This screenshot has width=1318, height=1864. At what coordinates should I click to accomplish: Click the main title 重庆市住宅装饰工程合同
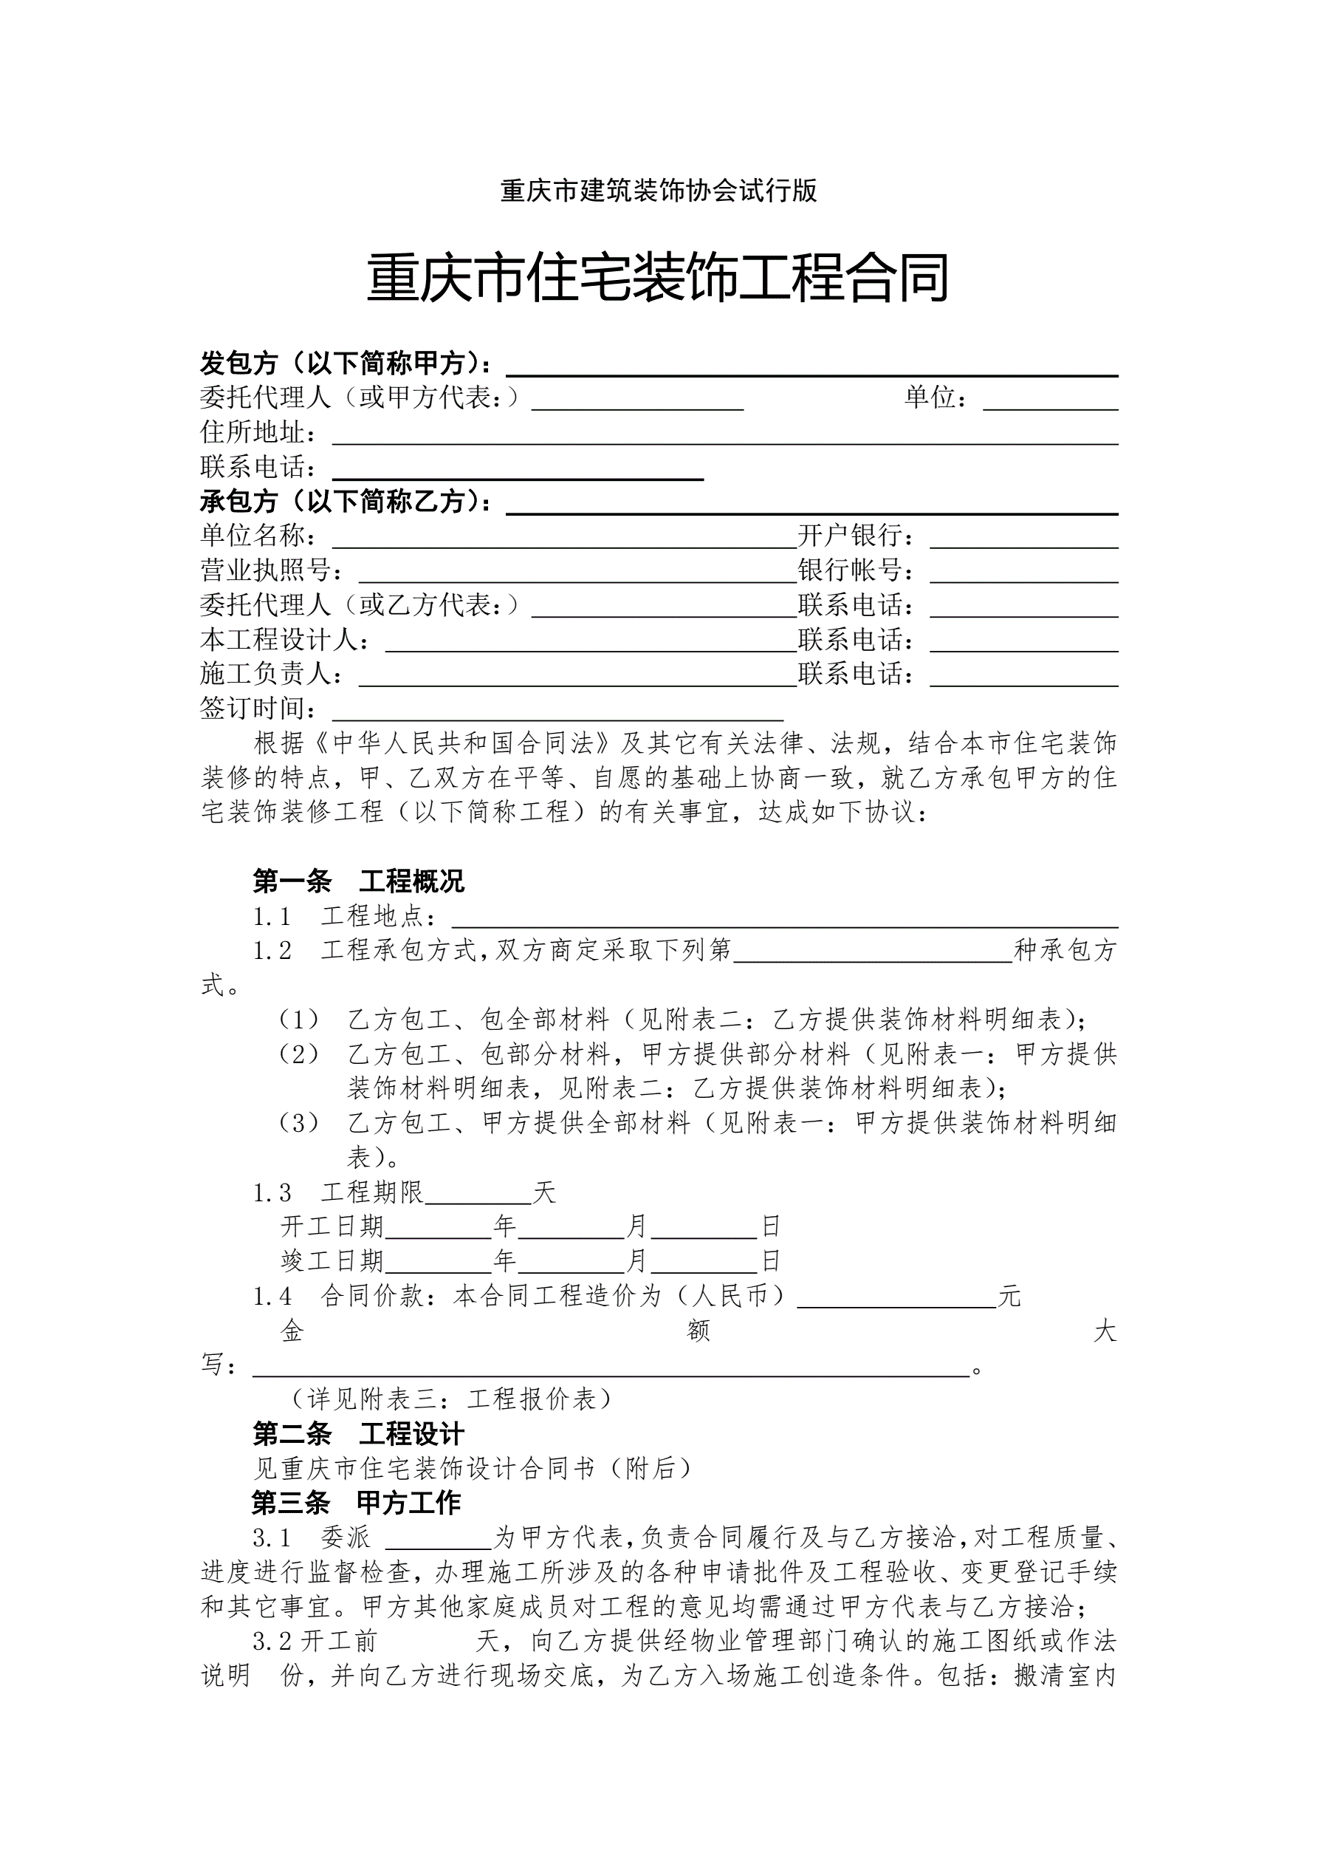tap(658, 279)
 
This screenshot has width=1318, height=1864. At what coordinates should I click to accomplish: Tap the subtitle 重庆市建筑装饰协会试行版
tap(658, 191)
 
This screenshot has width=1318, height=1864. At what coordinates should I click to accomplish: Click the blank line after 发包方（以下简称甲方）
tap(811, 368)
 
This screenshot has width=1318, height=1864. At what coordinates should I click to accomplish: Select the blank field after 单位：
tap(1050, 402)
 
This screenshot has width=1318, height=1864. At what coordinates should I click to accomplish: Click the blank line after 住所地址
tap(725, 436)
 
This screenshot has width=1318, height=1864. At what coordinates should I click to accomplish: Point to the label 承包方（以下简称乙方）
tap(346, 502)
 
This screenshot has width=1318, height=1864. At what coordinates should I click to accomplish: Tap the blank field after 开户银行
tap(1023, 540)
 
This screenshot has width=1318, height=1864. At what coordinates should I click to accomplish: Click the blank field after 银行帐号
tap(1023, 575)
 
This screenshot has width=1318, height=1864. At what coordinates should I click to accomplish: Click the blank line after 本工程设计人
tap(591, 643)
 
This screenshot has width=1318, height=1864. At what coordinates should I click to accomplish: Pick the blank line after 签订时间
tap(557, 712)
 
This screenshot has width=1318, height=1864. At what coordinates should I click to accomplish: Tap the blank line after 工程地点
tap(785, 919)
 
